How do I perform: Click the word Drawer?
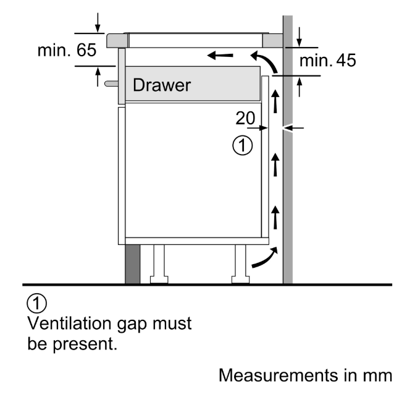pos(162,85)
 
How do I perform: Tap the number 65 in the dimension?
pos(86,50)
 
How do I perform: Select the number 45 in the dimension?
pos(346,61)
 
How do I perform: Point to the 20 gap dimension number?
pos(245,118)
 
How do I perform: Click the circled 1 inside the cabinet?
pos(243,145)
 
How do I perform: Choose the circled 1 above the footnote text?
pos(37,303)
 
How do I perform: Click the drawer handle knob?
pos(111,84)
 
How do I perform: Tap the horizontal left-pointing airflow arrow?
pos(220,56)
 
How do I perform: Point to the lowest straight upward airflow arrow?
pos(275,218)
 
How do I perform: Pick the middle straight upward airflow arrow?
pos(275,165)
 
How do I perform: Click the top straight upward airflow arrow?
pos(275,101)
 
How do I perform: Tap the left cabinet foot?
pos(159,264)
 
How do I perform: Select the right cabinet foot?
pos(240,264)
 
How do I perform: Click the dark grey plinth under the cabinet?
pos(132,264)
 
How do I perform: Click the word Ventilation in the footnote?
pos(69,323)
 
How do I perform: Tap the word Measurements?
pos(279,375)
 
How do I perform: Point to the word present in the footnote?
pos(84,345)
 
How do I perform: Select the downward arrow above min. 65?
pos(98,22)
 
